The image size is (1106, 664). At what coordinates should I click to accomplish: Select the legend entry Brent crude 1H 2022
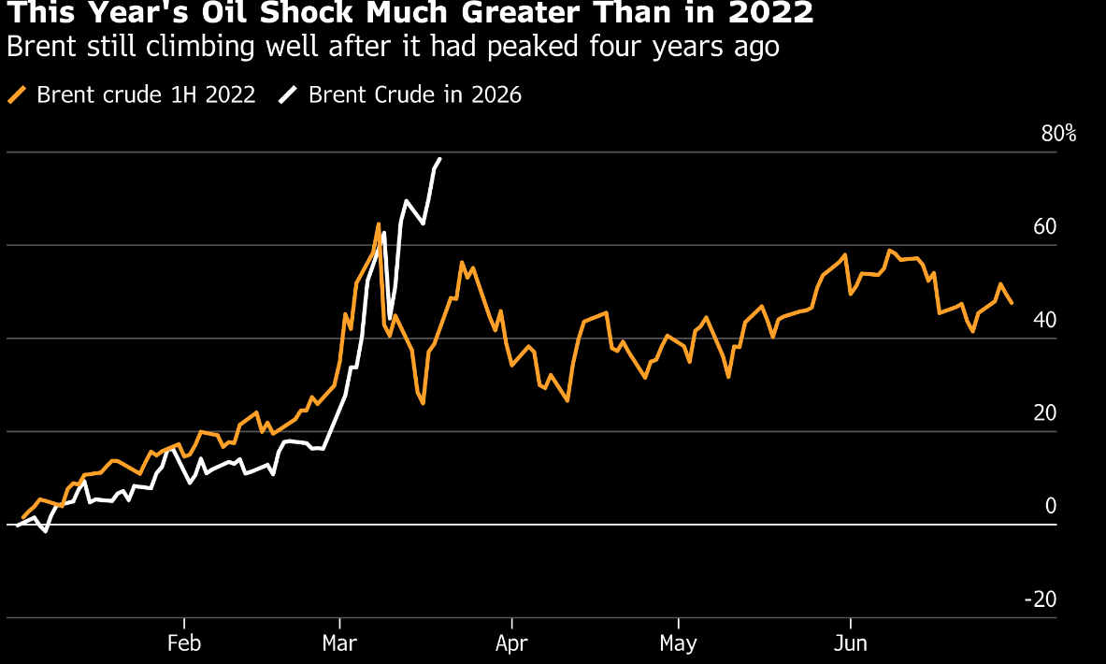[146, 94]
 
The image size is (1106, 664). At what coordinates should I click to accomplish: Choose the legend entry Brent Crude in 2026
[415, 94]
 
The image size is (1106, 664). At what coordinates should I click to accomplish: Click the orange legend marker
[17, 94]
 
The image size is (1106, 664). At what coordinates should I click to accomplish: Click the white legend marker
[289, 94]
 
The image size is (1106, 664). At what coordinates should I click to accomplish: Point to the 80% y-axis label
[1058, 134]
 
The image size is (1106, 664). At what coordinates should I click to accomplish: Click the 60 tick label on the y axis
[1044, 227]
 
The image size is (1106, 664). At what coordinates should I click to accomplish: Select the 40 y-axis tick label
[1044, 320]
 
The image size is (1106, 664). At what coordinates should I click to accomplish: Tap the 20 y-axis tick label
[1044, 413]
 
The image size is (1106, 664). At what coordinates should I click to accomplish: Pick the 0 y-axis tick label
[1051, 506]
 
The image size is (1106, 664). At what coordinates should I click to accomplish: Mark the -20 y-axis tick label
[1041, 599]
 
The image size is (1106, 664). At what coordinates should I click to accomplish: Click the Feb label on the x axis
[184, 644]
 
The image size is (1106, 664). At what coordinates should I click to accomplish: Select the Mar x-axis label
[339, 644]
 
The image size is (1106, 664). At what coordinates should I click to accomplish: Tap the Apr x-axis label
[512, 644]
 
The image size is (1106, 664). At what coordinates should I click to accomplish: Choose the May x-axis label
[678, 644]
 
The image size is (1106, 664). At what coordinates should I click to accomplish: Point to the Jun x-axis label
[851, 644]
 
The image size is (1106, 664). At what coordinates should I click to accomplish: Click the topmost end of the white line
[440, 159]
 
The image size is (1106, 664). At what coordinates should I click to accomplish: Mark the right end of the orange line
[1012, 302]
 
